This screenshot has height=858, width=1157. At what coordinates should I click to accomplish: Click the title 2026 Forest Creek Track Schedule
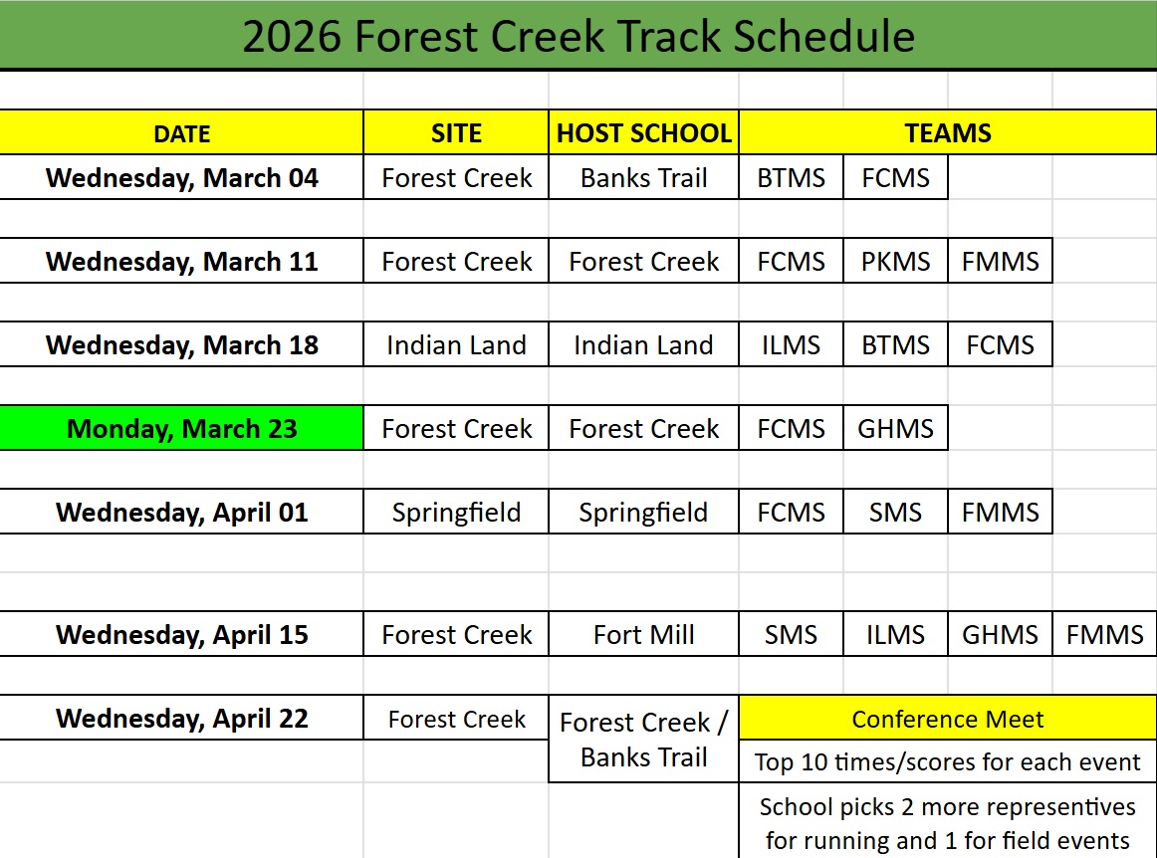click(x=578, y=37)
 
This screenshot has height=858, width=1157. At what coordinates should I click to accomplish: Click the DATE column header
click(x=182, y=133)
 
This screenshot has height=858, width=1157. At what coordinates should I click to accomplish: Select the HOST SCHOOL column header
click(x=644, y=133)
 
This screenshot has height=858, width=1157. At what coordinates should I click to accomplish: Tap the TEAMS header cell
click(x=948, y=133)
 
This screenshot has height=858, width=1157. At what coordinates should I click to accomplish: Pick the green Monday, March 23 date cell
click(x=182, y=429)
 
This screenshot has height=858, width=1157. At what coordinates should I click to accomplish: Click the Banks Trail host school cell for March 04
click(x=644, y=178)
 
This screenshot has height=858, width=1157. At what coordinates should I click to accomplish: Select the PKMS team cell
click(x=896, y=262)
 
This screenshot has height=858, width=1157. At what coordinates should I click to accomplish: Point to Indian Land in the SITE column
click(x=456, y=345)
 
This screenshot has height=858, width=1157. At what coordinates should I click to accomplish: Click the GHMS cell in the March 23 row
click(x=896, y=429)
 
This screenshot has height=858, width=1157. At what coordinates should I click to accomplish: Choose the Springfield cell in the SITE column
click(x=456, y=513)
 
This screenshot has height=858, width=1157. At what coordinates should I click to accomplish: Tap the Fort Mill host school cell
click(x=644, y=635)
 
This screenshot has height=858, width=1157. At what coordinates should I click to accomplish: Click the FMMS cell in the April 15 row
click(x=1105, y=635)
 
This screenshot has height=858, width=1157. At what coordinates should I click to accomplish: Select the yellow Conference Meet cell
click(x=948, y=719)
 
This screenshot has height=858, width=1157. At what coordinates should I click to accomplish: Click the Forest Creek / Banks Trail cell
click(x=644, y=740)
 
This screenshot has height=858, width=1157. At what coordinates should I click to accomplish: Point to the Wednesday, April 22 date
click(x=182, y=719)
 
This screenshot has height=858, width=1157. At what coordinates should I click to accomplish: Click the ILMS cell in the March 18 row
click(x=792, y=345)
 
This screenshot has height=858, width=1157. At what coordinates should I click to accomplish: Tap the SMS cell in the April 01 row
click(x=896, y=513)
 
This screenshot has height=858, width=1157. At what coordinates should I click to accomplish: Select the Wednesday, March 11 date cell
click(x=182, y=262)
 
